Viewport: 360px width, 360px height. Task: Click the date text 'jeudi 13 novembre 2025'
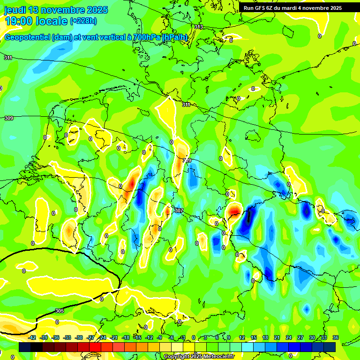point(56,10)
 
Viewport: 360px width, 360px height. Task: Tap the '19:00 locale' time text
point(36,21)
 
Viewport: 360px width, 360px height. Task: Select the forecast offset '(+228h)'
point(83,21)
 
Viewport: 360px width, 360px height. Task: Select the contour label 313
point(199,27)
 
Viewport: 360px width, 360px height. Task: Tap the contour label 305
point(59,311)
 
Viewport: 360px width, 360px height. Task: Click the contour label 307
point(178,211)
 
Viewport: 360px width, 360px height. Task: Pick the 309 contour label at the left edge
point(8,119)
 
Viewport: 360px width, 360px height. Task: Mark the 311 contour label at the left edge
point(8,58)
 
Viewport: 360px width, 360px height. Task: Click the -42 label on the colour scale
point(32,337)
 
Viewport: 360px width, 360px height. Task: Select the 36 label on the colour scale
point(335,337)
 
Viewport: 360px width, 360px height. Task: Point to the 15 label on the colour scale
point(254,337)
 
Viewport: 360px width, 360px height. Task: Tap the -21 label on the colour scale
point(114,337)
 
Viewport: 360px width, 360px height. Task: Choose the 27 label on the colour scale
point(300,337)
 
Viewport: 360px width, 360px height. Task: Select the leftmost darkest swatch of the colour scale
point(25,347)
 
